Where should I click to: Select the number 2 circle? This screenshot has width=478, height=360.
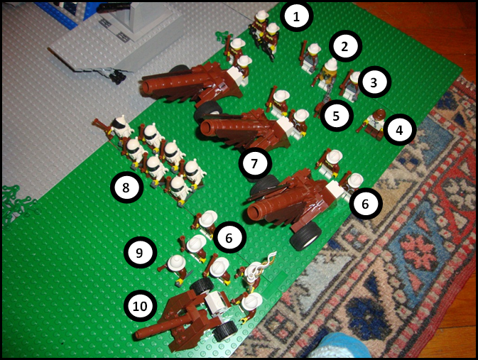344,46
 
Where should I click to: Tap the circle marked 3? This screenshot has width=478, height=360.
374,82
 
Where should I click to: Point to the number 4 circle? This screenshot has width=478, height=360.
399,130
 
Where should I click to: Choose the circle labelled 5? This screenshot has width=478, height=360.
336,116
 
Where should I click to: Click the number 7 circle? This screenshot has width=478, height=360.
255,163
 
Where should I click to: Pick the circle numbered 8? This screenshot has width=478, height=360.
126,187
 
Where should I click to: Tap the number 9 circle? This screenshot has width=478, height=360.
140,253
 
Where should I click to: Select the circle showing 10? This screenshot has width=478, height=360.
140,306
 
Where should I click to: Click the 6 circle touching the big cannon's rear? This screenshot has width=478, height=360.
365,204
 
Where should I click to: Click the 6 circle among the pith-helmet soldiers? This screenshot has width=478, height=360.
229,237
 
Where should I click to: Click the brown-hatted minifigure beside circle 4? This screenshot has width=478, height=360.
374,124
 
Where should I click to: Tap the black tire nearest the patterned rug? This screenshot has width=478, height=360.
305,236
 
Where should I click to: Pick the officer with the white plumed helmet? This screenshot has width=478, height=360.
254,274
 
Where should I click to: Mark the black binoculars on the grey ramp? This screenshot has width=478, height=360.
117,77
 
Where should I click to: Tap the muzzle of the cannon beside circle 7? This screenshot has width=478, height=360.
207,128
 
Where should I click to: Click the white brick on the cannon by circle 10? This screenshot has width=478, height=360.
216,301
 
